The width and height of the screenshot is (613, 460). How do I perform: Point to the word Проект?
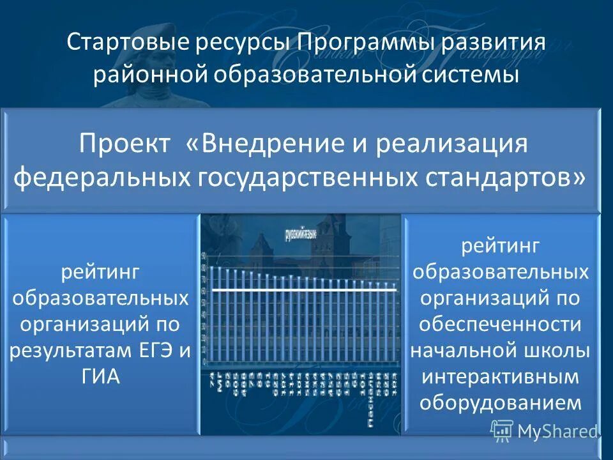(124, 144)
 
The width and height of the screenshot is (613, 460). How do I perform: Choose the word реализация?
(451, 144)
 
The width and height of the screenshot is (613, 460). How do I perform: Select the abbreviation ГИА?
(102, 376)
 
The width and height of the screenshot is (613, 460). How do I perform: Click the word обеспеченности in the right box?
(500, 325)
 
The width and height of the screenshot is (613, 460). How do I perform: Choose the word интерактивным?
(500, 377)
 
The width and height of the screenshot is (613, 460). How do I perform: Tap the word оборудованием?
(500, 402)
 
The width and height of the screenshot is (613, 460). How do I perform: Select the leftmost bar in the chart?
(212, 313)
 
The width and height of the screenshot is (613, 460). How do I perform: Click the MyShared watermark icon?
(502, 431)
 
